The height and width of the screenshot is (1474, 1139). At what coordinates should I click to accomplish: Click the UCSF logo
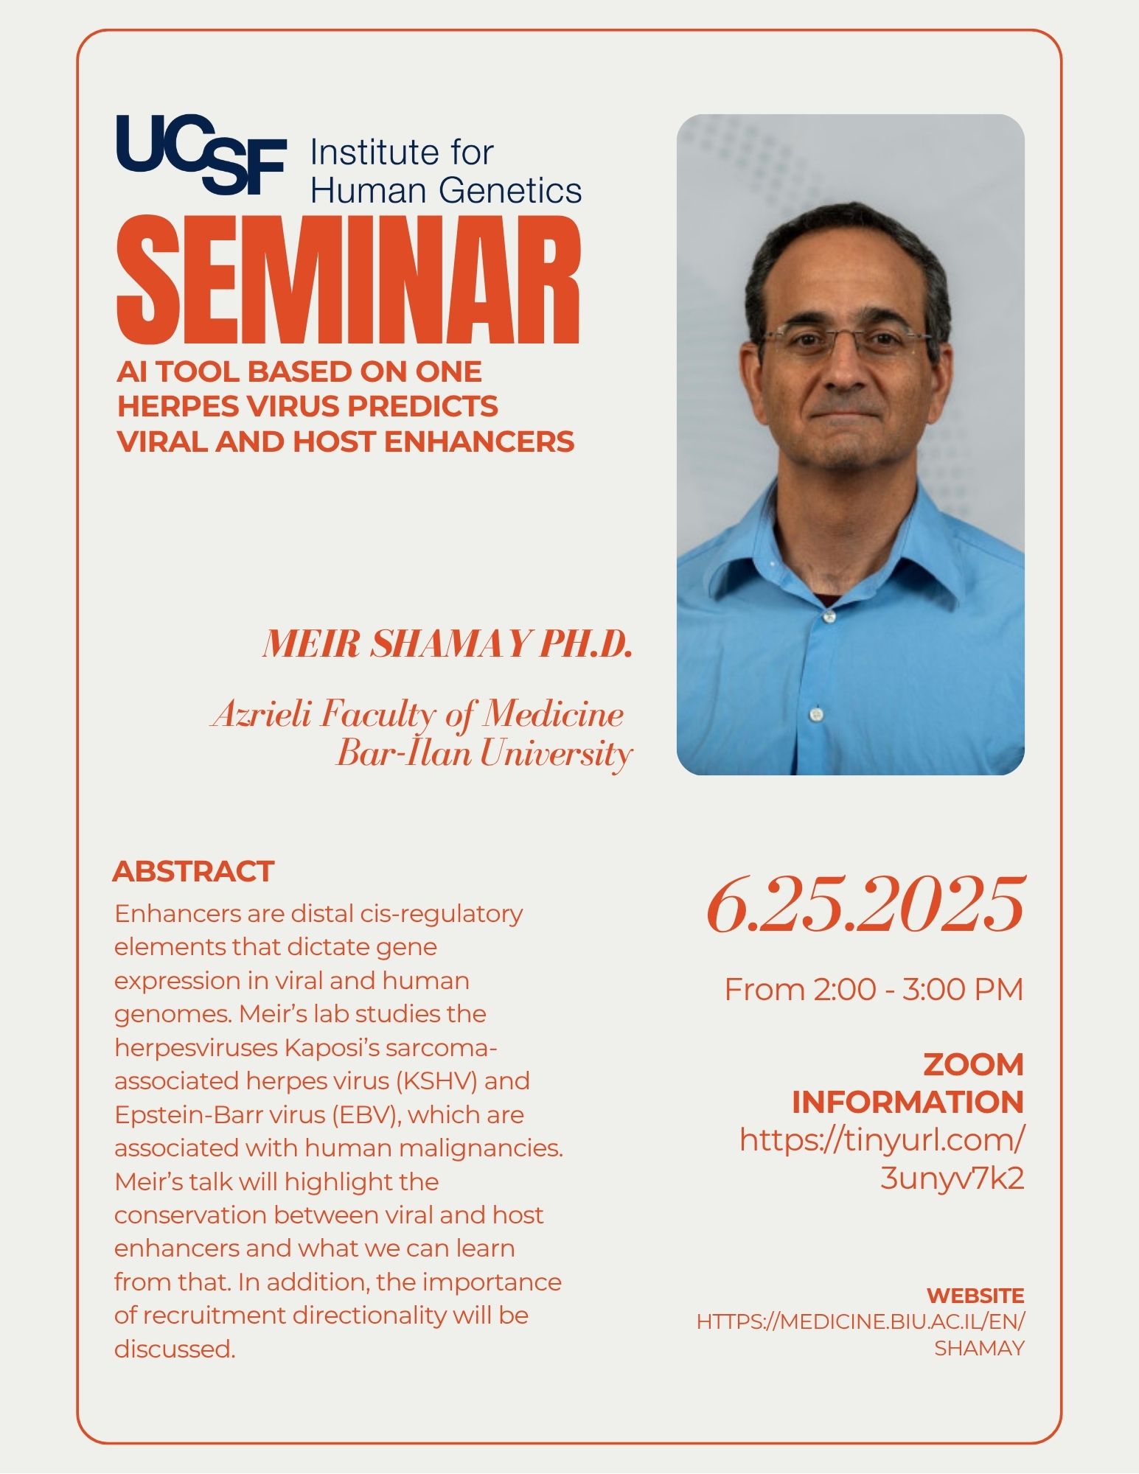201,154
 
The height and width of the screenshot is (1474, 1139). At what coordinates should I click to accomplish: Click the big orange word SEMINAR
348,279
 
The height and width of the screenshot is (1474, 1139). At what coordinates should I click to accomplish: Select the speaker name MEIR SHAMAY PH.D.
447,643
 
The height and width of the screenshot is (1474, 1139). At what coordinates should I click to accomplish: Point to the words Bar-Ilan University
484,753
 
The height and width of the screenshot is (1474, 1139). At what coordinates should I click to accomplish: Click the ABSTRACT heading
193,871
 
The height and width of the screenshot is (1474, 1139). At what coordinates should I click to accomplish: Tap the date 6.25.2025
865,905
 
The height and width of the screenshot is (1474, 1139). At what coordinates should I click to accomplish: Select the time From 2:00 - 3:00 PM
874,989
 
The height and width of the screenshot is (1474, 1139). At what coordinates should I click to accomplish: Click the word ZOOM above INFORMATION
973,1064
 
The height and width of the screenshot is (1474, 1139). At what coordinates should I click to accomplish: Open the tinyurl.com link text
882,1159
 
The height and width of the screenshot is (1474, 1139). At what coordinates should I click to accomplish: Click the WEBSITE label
975,1296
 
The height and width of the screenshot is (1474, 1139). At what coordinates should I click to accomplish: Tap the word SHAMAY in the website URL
979,1348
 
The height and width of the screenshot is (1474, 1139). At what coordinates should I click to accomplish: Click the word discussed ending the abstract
175,1349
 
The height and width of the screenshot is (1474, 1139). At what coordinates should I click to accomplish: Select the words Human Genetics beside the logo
447,190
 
